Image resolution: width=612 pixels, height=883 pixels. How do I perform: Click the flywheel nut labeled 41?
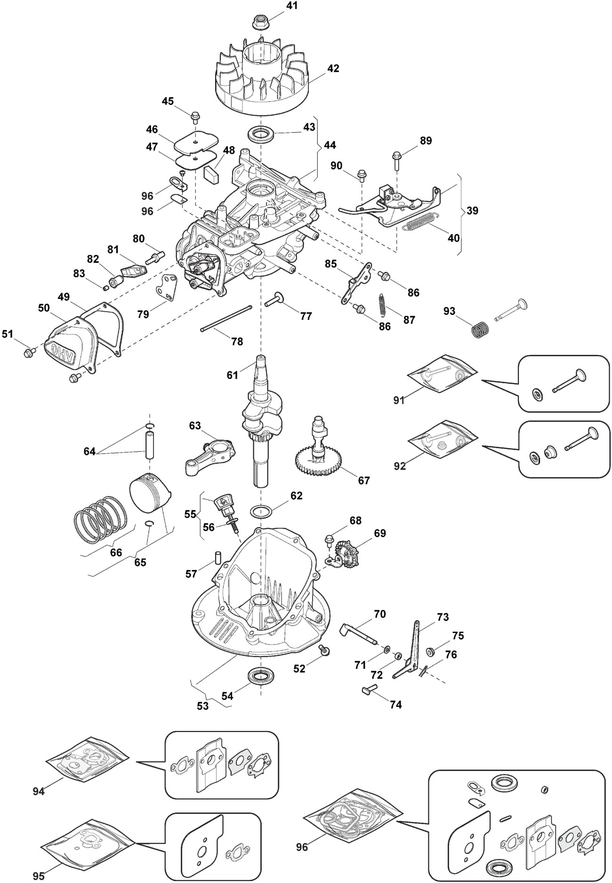click(259, 21)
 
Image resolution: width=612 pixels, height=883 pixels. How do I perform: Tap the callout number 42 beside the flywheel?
click(333, 68)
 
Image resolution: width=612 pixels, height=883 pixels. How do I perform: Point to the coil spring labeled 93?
click(479, 328)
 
